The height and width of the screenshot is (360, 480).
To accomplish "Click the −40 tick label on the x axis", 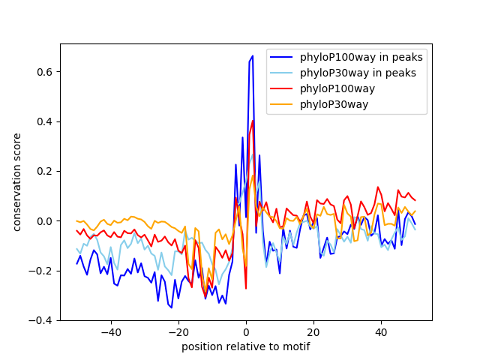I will [x=110, y=332].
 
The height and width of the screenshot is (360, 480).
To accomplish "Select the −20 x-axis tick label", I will [x=178, y=332].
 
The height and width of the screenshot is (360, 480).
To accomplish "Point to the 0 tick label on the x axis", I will [x=246, y=332].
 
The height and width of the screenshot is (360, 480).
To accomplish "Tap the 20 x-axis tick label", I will [x=313, y=332].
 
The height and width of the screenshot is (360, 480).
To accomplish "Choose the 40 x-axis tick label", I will [x=381, y=332].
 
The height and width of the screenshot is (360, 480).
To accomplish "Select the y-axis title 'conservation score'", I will [x=17, y=182].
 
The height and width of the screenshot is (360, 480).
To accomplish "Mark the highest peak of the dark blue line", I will [x=253, y=55].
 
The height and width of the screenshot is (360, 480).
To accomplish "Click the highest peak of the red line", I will [x=253, y=120].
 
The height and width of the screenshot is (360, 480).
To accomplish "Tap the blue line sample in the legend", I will [x=282, y=57].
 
